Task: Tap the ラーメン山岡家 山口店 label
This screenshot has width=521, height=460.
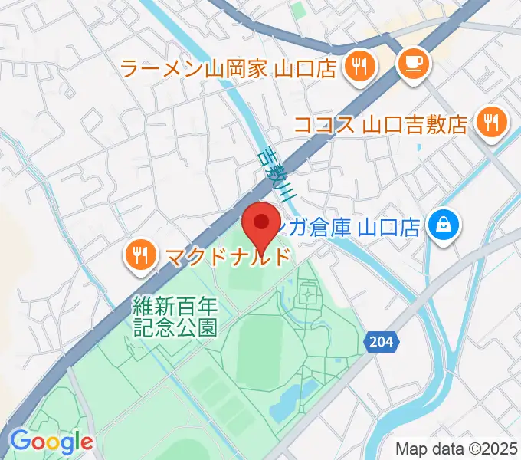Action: click(x=229, y=69)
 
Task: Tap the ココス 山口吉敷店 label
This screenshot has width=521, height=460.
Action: click(x=381, y=124)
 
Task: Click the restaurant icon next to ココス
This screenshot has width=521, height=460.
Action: click(x=488, y=121)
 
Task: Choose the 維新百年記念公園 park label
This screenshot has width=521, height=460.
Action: click(x=175, y=316)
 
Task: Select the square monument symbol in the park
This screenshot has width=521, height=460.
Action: click(x=308, y=293)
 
